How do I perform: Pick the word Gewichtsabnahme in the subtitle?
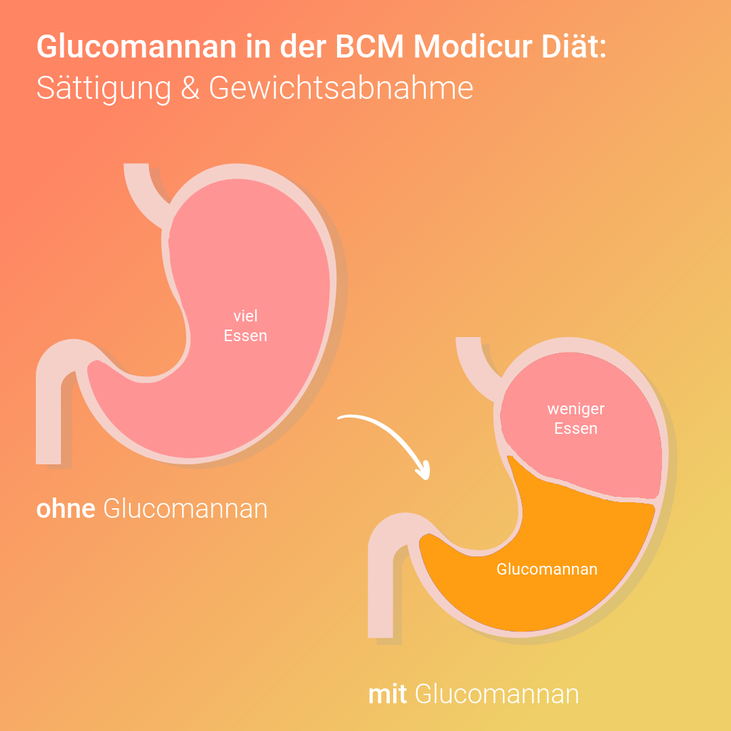coord(341,88)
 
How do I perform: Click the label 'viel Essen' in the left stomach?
coord(246,326)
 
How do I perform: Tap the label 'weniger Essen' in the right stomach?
coord(576,419)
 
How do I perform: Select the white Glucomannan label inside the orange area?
coord(547,569)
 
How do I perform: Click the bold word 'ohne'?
coord(66,509)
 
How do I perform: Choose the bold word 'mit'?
coord(387,694)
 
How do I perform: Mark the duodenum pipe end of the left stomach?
coord(49,433)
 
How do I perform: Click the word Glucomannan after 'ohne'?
coord(185,509)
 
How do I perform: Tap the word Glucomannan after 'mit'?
coord(497,694)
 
